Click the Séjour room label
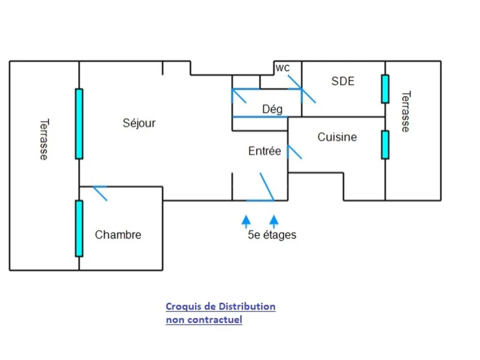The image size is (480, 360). (x=139, y=123)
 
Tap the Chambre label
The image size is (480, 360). (x=118, y=235)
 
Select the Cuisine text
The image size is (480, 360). (x=337, y=137)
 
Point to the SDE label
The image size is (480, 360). (x=343, y=81)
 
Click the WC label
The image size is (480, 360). (x=282, y=68)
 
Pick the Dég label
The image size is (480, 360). (x=272, y=109)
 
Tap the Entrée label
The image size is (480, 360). (x=264, y=151)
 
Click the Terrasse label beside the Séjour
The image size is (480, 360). (x=44, y=139)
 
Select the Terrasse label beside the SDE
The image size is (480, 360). (x=406, y=112)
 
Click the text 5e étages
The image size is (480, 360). (x=272, y=235)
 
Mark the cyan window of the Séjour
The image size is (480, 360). (x=79, y=123)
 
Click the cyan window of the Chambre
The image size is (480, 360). (x=79, y=228)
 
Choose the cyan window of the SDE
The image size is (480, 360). (x=385, y=89)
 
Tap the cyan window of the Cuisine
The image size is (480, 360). (x=385, y=145)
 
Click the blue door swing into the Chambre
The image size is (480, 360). (x=100, y=193)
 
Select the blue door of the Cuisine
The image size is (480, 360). (x=294, y=151)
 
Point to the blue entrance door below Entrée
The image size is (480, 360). (x=267, y=187)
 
